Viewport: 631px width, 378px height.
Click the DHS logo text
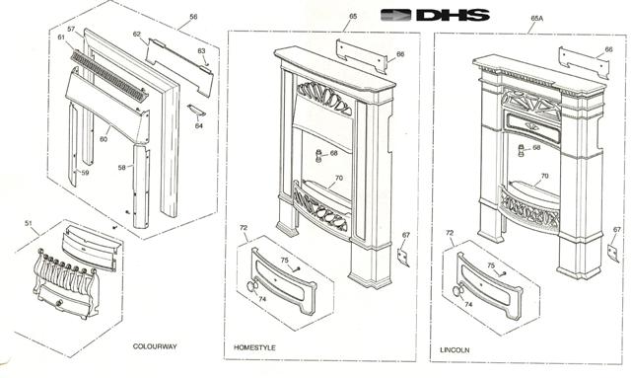[x=454, y=15]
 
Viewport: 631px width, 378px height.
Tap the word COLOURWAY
[x=155, y=346]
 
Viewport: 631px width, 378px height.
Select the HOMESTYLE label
[x=254, y=347]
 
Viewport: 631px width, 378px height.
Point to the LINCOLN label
[x=455, y=349]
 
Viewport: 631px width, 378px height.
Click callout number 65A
[x=536, y=18]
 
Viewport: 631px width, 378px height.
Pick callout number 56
[x=193, y=17]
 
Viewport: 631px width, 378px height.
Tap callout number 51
[x=29, y=223]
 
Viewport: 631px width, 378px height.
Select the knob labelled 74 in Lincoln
[x=458, y=290]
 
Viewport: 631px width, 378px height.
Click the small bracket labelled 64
[x=196, y=110]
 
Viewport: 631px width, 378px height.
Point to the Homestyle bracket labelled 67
[x=403, y=257]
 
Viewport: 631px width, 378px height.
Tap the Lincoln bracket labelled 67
[x=613, y=253]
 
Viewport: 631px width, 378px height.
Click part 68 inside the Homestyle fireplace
[x=318, y=156]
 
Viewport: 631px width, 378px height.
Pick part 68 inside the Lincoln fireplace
[x=522, y=151]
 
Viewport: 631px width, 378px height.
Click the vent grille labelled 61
[x=109, y=76]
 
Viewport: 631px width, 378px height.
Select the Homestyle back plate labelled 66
[x=361, y=56]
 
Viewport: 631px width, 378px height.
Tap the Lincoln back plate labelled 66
[x=584, y=63]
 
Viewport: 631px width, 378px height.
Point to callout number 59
[x=85, y=173]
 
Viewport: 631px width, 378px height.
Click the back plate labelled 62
[x=179, y=67]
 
